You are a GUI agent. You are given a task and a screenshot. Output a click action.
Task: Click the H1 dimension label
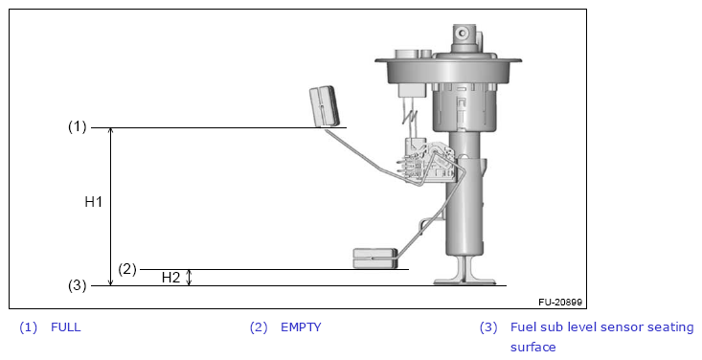click(94, 202)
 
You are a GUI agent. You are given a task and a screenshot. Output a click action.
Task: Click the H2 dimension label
click(170, 278)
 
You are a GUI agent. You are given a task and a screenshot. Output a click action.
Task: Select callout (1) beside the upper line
click(77, 126)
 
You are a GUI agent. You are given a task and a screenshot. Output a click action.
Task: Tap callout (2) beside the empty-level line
click(127, 269)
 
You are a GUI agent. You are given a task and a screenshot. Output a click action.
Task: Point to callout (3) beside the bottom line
click(77, 285)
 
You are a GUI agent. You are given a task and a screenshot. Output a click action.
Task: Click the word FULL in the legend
click(66, 327)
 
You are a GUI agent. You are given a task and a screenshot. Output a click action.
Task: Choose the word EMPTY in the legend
click(301, 327)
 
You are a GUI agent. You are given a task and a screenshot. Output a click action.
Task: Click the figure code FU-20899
click(560, 303)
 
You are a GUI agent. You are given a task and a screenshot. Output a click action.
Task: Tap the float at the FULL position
click(325, 106)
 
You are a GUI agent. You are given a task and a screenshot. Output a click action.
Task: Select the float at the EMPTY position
click(375, 259)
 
